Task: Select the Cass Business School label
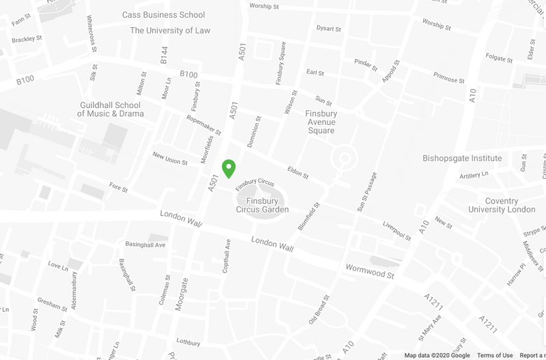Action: (163, 15)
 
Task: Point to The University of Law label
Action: (170, 31)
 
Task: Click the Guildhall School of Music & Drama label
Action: (109, 109)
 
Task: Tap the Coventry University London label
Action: (501, 205)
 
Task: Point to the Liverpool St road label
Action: (397, 231)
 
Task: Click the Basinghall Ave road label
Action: (145, 245)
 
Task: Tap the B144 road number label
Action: (164, 55)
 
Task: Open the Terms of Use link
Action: (495, 355)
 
